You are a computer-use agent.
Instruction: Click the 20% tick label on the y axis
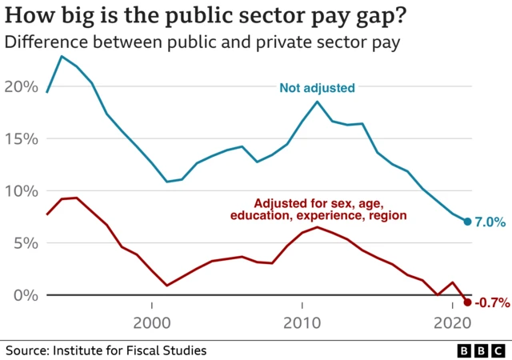pyautogui.click(x=21, y=86)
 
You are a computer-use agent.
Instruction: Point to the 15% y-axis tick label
pyautogui.click(x=21, y=138)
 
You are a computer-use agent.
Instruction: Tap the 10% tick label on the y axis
pyautogui.click(x=21, y=191)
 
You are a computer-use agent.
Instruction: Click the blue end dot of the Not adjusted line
pyautogui.click(x=467, y=222)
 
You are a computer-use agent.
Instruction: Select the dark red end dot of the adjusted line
pyautogui.click(x=467, y=302)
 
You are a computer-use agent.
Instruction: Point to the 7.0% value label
pyautogui.click(x=489, y=222)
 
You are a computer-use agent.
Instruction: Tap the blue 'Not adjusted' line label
pyautogui.click(x=316, y=88)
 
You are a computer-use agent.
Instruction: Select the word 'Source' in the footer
pyautogui.click(x=25, y=350)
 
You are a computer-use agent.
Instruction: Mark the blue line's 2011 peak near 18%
pyautogui.click(x=318, y=102)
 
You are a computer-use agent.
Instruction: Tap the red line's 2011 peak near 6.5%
pyautogui.click(x=318, y=227)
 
